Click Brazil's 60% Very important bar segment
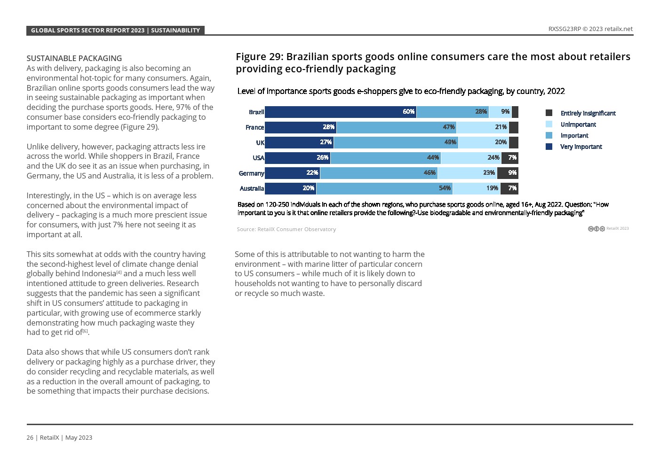[x=341, y=112]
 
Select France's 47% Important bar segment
[x=397, y=127]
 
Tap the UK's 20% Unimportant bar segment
[x=484, y=142]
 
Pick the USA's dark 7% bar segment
[x=510, y=158]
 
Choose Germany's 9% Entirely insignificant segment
[x=508, y=173]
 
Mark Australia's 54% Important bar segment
[x=384, y=188]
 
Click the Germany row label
[x=251, y=173]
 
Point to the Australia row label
[x=252, y=188]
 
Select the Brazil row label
[x=256, y=112]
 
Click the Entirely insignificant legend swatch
[x=549, y=113]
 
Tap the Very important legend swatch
[x=549, y=147]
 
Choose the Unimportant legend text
[x=578, y=124]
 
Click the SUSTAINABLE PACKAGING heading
[x=74, y=58]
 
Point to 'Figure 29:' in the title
[x=259, y=57]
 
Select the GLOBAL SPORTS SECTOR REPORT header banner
[x=115, y=31]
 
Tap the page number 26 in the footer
[x=30, y=437]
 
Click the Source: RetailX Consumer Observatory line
[x=286, y=229]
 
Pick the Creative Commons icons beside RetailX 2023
[x=596, y=229]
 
